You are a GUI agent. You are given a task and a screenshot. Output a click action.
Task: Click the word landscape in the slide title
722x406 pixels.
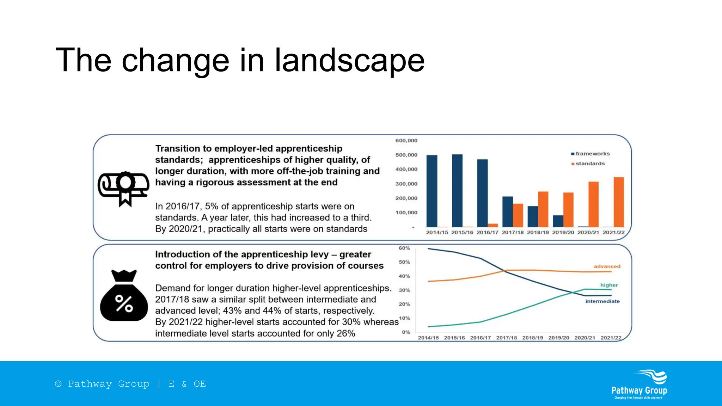click(349, 61)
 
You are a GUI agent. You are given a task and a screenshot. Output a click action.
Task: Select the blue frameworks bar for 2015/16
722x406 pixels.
click(457, 191)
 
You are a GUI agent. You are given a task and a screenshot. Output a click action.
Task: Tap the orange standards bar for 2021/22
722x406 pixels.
click(619, 202)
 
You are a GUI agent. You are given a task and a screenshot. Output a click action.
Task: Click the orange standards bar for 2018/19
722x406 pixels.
click(543, 209)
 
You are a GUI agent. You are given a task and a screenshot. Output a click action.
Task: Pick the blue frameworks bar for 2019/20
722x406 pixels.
click(558, 221)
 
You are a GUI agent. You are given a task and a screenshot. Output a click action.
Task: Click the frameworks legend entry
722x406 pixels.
click(591, 154)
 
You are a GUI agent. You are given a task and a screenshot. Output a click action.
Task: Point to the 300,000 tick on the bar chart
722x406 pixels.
click(406, 184)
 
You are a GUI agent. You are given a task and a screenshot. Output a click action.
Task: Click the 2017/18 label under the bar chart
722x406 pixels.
click(513, 233)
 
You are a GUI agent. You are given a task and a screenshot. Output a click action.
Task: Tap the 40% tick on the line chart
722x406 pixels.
click(404, 276)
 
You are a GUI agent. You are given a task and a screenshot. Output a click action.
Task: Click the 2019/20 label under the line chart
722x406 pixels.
click(558, 338)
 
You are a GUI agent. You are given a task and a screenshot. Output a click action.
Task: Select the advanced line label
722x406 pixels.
click(607, 266)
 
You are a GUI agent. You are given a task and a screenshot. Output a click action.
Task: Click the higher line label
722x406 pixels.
click(609, 285)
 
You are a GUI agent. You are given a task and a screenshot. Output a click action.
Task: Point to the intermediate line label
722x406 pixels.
click(602, 301)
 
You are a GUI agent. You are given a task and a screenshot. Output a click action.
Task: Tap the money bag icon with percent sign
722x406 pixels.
click(124, 296)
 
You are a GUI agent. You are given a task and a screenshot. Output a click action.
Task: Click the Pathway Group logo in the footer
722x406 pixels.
click(639, 385)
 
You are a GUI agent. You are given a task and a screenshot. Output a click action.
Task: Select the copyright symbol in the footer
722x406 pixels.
click(58, 384)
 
